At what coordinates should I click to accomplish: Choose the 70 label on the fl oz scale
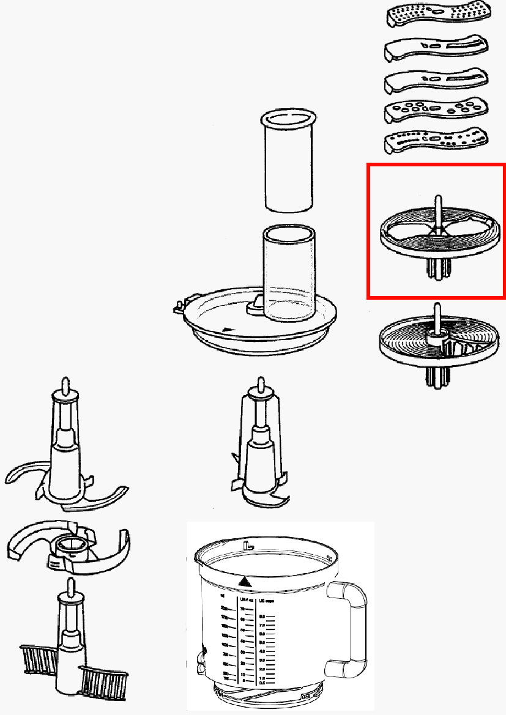click(242, 610)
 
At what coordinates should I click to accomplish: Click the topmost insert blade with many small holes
click(438, 15)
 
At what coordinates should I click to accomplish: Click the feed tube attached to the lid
click(289, 272)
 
